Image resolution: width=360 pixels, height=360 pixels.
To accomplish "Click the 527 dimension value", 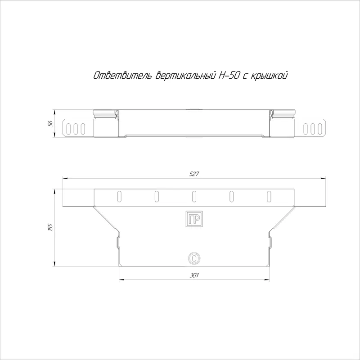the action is (194, 174).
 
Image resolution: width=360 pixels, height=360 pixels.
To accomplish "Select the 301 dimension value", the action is (194, 275).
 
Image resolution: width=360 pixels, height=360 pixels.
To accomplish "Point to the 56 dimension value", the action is (50, 123).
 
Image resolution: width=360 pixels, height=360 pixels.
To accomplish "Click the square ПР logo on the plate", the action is (194, 219).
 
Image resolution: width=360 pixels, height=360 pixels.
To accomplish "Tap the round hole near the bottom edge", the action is (194, 258).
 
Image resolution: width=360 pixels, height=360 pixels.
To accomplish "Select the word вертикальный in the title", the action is (186, 76).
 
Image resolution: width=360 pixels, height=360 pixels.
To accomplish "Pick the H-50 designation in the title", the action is (229, 76).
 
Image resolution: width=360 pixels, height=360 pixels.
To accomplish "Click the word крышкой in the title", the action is (268, 76).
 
